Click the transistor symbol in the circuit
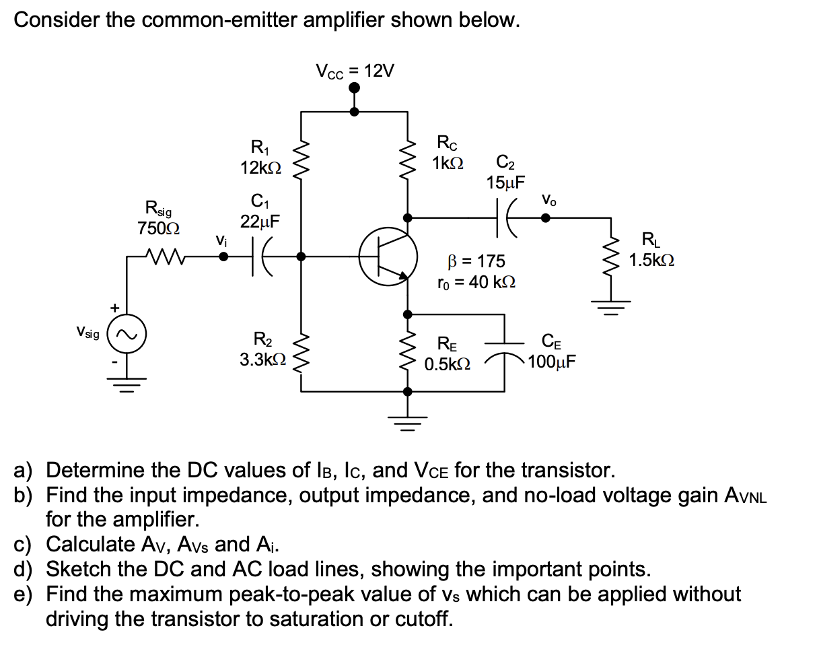click(386, 257)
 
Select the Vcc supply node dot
click(355, 88)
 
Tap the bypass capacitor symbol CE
click(505, 350)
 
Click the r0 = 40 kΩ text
click(476, 283)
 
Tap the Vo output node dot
click(546, 217)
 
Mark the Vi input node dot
click(223, 257)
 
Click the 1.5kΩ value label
click(651, 260)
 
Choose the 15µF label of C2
click(507, 182)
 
